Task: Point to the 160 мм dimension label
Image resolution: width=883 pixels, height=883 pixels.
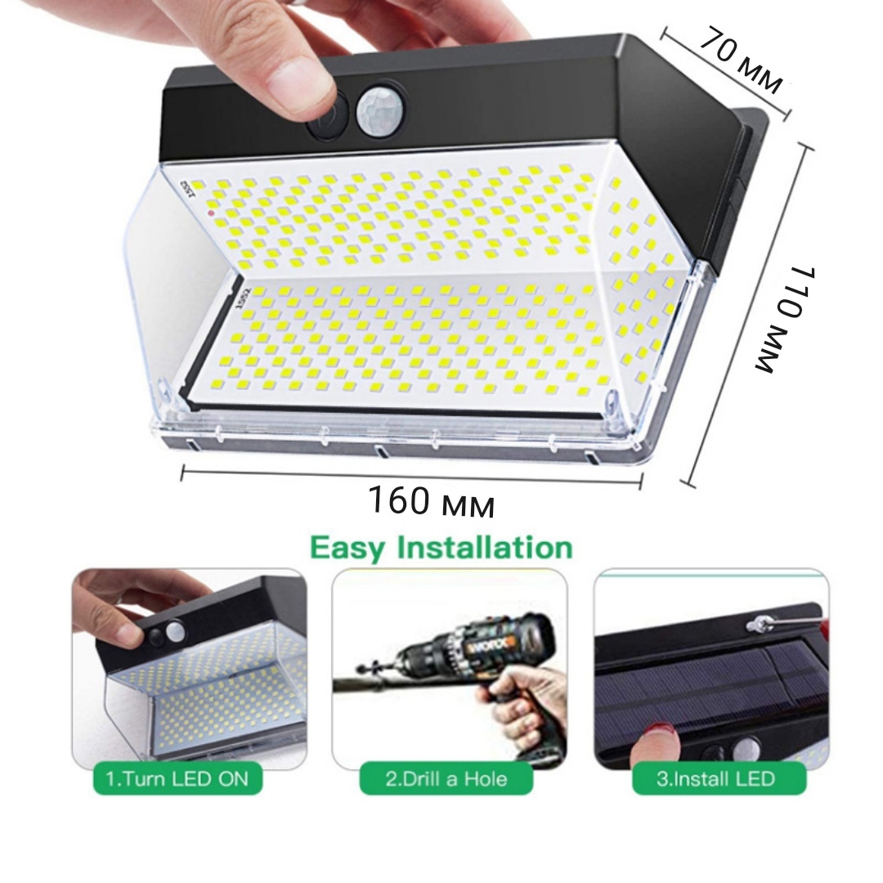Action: click(432, 500)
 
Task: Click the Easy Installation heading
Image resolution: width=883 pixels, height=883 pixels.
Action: click(441, 548)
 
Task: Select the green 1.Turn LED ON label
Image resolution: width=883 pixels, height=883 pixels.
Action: click(177, 778)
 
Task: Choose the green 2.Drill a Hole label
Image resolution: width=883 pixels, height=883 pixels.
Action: click(446, 778)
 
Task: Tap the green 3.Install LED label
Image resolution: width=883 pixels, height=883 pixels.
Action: click(719, 778)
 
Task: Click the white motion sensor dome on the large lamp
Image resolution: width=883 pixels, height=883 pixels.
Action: click(376, 110)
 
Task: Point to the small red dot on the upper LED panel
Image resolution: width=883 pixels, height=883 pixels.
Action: click(211, 213)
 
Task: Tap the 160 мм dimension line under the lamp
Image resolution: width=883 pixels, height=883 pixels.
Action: click(411, 477)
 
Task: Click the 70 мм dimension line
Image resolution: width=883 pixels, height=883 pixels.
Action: click(725, 73)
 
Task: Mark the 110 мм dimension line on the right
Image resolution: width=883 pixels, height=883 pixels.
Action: click(747, 316)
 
